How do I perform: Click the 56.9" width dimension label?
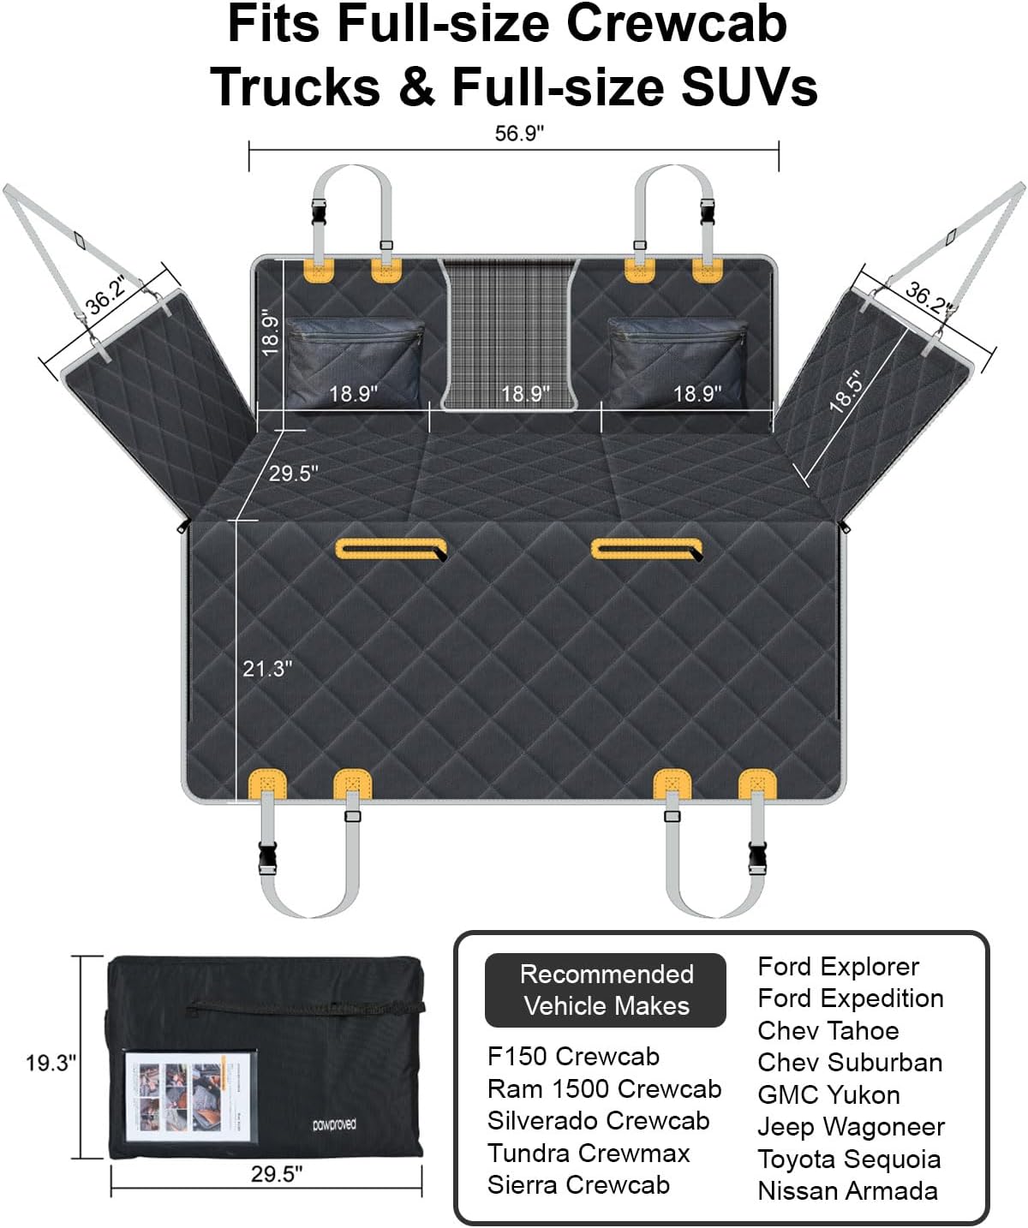[519, 134]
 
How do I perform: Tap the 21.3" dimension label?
[266, 668]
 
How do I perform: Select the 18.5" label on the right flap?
[846, 391]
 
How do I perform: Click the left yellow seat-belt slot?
[391, 549]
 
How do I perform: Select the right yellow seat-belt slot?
[647, 549]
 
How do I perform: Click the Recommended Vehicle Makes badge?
[606, 990]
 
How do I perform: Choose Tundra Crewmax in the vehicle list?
[589, 1153]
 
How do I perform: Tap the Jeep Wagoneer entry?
[851, 1127]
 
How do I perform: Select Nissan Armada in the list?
[847, 1190]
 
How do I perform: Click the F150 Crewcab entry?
[573, 1056]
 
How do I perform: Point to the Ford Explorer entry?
[838, 966]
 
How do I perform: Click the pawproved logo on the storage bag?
[334, 1124]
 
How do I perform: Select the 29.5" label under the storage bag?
[277, 1174]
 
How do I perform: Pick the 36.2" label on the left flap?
[106, 294]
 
